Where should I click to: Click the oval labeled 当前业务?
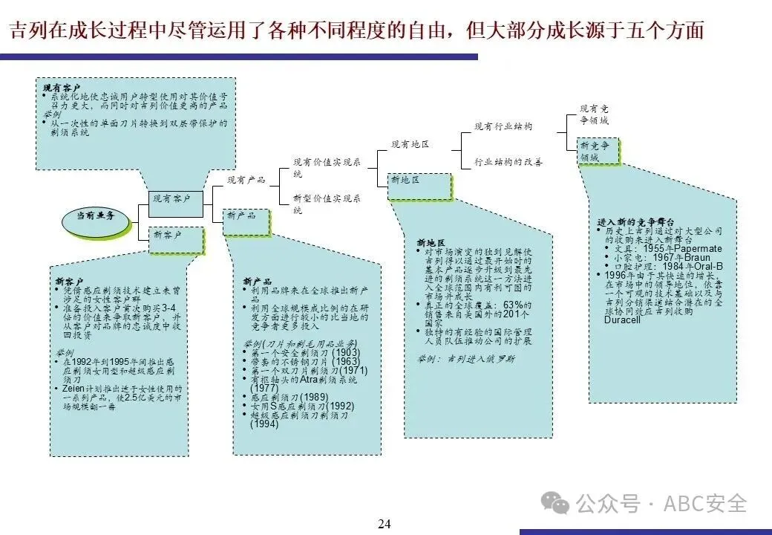[x=94, y=216]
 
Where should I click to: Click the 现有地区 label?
[x=410, y=144]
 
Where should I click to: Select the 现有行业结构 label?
[x=503, y=127]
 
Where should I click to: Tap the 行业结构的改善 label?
[x=508, y=162]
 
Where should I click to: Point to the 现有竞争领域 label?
[x=594, y=114]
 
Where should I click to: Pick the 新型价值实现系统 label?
[x=327, y=204]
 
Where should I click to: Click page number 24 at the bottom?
[x=384, y=524]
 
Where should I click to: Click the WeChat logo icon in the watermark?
[x=556, y=503]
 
